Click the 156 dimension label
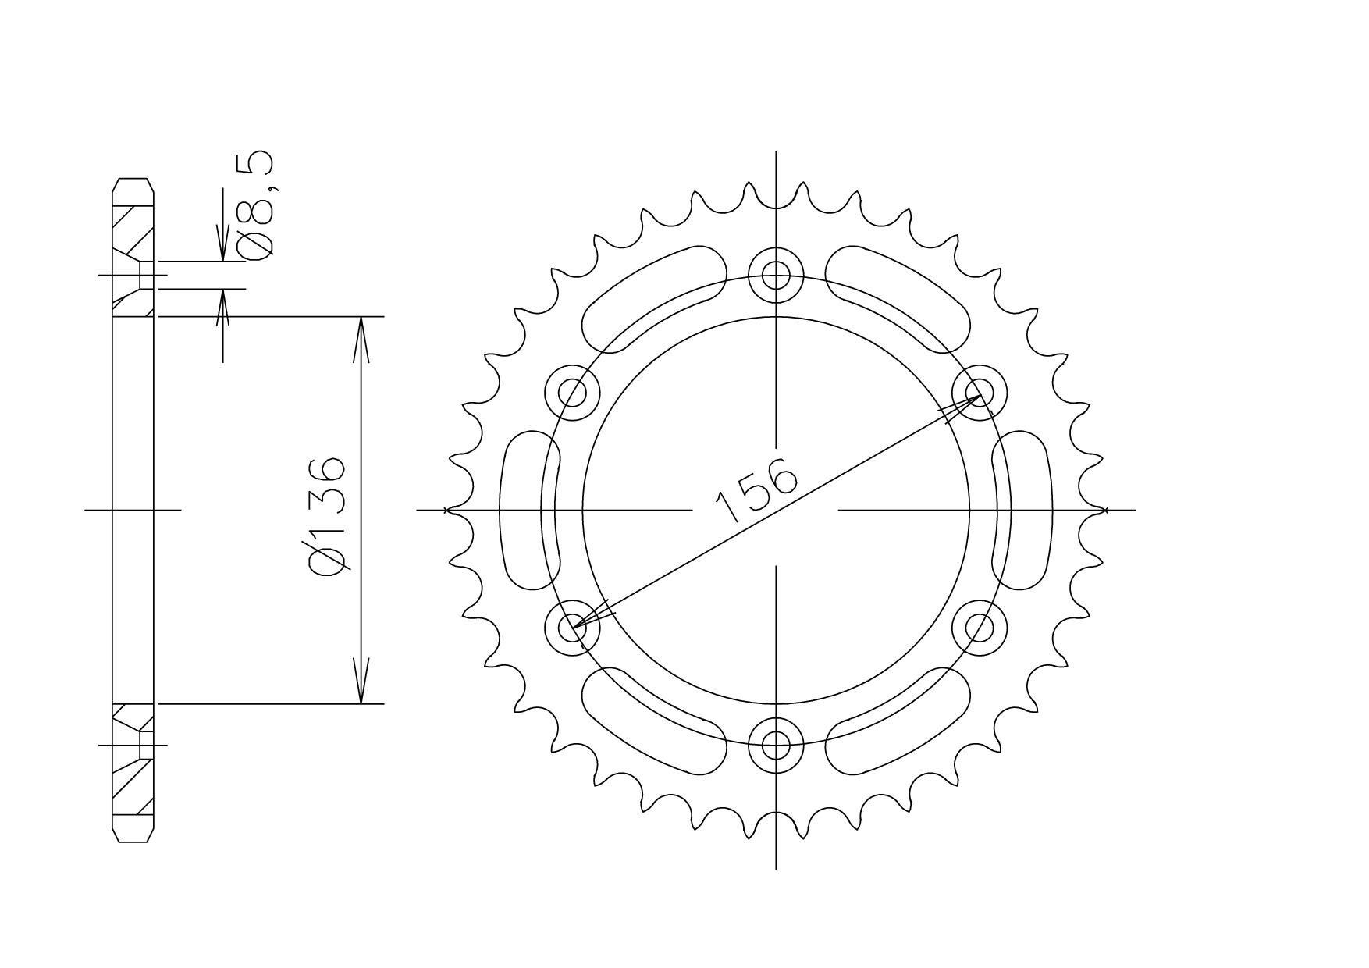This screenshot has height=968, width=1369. (x=756, y=490)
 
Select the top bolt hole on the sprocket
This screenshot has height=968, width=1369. (x=776, y=274)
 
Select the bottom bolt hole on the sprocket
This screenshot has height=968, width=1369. (x=776, y=744)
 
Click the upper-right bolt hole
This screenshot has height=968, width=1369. (x=980, y=392)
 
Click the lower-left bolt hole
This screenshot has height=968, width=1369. (x=573, y=627)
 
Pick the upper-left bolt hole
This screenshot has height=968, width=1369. (x=573, y=392)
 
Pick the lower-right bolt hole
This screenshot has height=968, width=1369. (x=980, y=627)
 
